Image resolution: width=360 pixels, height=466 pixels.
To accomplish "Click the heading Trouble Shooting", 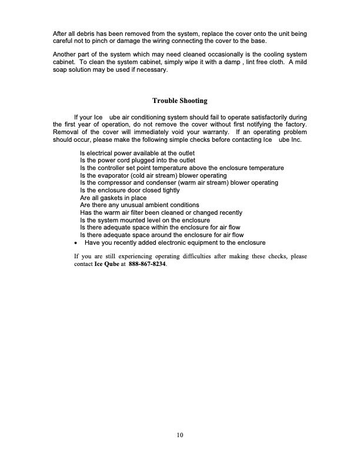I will pos(179,101).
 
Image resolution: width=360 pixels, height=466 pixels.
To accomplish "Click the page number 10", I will pos(179,435).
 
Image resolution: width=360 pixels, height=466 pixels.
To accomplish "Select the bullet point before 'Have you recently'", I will pos(76,242).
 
